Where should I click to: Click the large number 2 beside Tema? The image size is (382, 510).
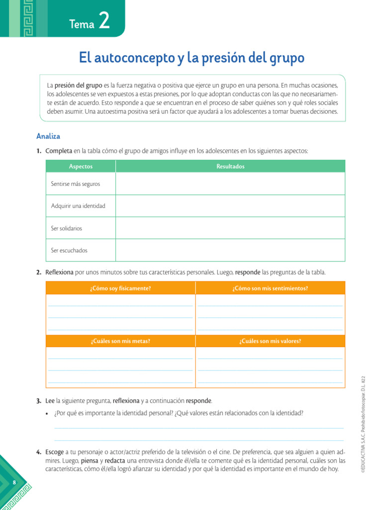point(103,21)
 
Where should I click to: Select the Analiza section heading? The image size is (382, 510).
point(48,136)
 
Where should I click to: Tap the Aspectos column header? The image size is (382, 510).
point(81,166)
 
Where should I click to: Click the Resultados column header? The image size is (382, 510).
point(230,166)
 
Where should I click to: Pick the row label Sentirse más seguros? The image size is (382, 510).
point(76,184)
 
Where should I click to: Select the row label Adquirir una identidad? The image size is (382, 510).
point(78,206)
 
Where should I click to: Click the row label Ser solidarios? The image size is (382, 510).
point(67,228)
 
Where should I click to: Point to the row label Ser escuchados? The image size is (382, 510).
point(69,250)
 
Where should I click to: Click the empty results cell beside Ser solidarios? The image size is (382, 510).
point(230,228)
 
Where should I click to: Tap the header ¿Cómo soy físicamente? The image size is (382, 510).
point(120,288)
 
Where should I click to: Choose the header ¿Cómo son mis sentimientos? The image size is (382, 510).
point(270,288)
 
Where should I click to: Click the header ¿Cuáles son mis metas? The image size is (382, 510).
point(120,341)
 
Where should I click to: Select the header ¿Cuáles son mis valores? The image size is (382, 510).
point(270,341)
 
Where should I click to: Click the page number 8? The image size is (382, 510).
point(14,483)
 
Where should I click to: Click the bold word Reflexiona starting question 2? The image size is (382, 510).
point(60,272)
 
